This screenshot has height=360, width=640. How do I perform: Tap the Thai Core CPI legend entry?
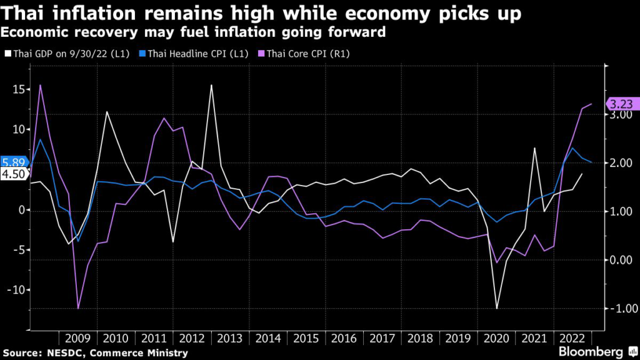(x=308, y=54)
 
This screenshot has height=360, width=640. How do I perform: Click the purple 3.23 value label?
(x=621, y=105)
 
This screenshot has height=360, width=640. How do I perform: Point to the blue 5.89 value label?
(x=14, y=162)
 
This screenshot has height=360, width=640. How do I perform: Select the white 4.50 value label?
(x=14, y=174)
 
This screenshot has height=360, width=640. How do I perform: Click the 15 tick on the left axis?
(x=19, y=89)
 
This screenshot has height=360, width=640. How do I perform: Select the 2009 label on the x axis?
(x=77, y=338)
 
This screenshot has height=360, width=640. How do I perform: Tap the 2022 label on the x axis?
(x=572, y=338)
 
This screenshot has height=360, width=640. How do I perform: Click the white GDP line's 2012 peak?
(x=211, y=85)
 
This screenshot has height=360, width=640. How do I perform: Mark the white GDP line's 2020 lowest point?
(x=497, y=308)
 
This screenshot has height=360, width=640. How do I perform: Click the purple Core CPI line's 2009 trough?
(x=78, y=308)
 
